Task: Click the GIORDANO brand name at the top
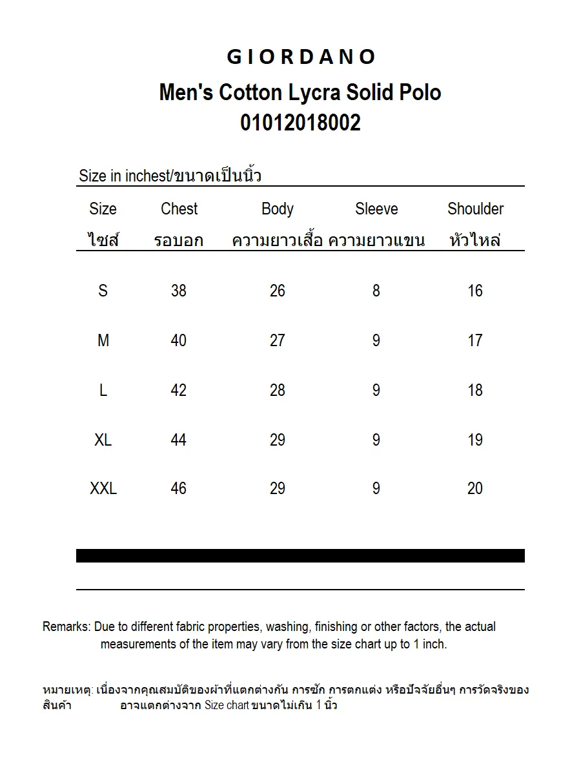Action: tap(300, 57)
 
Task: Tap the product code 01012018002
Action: tap(300, 122)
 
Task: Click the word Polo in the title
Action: tap(420, 93)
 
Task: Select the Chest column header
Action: tap(179, 209)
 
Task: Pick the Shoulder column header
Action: tap(475, 209)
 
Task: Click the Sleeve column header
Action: tap(376, 209)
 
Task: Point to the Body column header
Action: tap(278, 209)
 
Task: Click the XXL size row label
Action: tap(103, 489)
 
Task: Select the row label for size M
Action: tap(103, 340)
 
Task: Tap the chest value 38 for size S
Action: tap(179, 291)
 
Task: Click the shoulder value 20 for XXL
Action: tap(475, 489)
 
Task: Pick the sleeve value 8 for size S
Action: tap(376, 291)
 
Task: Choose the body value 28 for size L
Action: tap(278, 390)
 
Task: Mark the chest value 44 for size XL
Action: tap(179, 440)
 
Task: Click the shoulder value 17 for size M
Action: tap(475, 340)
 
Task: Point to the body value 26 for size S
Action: tap(278, 291)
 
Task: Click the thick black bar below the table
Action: tap(300, 555)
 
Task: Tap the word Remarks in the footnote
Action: tap(66, 626)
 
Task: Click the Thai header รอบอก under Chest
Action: tap(179, 241)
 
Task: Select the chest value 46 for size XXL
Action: tap(179, 489)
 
